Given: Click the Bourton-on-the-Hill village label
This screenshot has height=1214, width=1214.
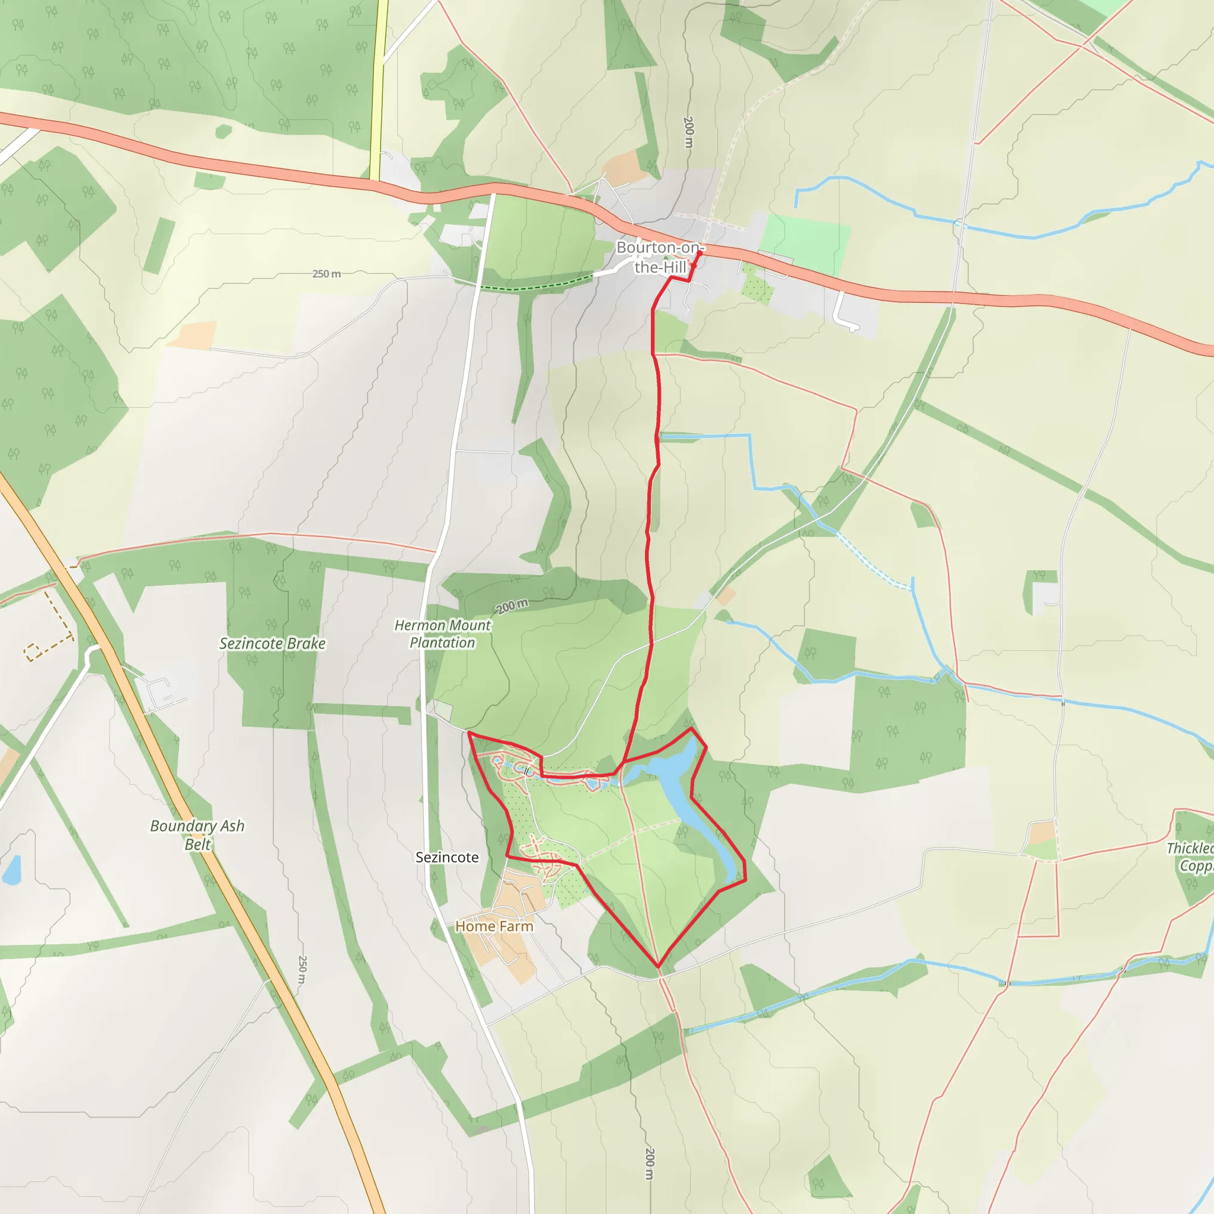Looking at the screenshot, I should [659, 257].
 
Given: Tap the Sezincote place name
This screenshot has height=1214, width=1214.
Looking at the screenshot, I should [447, 857].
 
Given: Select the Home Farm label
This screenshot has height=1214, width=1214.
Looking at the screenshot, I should [494, 927].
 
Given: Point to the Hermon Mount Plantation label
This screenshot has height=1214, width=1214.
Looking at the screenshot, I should [442, 634].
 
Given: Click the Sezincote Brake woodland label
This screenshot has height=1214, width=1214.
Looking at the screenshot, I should [272, 643].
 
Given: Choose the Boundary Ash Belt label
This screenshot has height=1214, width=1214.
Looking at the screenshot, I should [197, 835].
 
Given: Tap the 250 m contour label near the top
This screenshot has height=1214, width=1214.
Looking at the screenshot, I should [327, 274].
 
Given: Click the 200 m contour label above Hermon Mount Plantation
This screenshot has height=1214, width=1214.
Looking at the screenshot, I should [512, 606].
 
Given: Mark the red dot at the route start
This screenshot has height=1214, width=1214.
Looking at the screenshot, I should [699, 253].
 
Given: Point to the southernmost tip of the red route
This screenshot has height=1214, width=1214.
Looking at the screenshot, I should [658, 966].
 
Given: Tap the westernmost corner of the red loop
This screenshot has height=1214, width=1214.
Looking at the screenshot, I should [469, 733].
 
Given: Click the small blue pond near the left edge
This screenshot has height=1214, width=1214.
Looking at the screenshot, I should [11, 870].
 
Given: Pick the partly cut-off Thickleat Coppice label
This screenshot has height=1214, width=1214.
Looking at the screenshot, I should [1191, 857].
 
